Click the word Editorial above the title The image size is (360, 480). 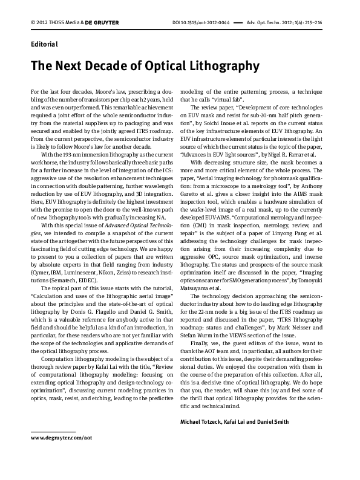click(44, 44)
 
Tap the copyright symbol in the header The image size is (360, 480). click(32, 23)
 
